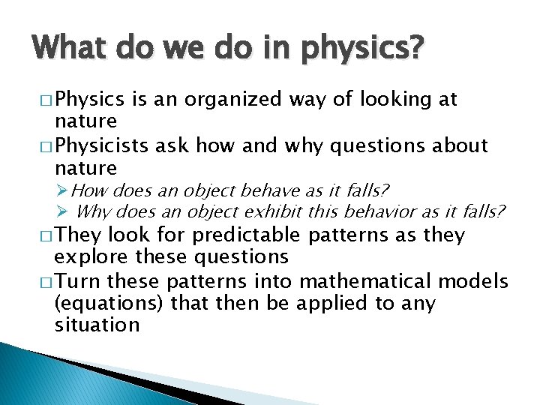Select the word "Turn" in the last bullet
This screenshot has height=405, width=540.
[x=77, y=281]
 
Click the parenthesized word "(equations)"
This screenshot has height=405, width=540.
[x=109, y=304]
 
